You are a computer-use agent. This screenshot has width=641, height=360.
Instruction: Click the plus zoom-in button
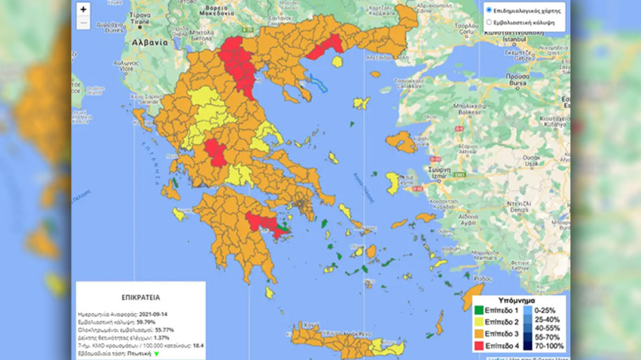click(x=83, y=9)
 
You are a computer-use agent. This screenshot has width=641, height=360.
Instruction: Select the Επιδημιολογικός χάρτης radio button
click(x=489, y=10)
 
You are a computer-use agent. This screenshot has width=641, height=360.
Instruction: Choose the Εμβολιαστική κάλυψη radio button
click(x=489, y=22)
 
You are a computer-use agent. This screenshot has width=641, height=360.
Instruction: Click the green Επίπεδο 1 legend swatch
click(x=480, y=310)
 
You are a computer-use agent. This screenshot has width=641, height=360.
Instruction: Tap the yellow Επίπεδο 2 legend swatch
click(x=480, y=322)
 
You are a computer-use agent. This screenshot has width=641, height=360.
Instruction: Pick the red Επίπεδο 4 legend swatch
click(x=480, y=346)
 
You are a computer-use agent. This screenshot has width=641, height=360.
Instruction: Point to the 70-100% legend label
click(x=550, y=346)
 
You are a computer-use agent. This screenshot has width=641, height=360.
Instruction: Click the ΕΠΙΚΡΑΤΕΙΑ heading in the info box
click(x=140, y=297)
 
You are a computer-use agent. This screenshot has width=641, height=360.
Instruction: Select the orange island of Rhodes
click(x=473, y=297)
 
